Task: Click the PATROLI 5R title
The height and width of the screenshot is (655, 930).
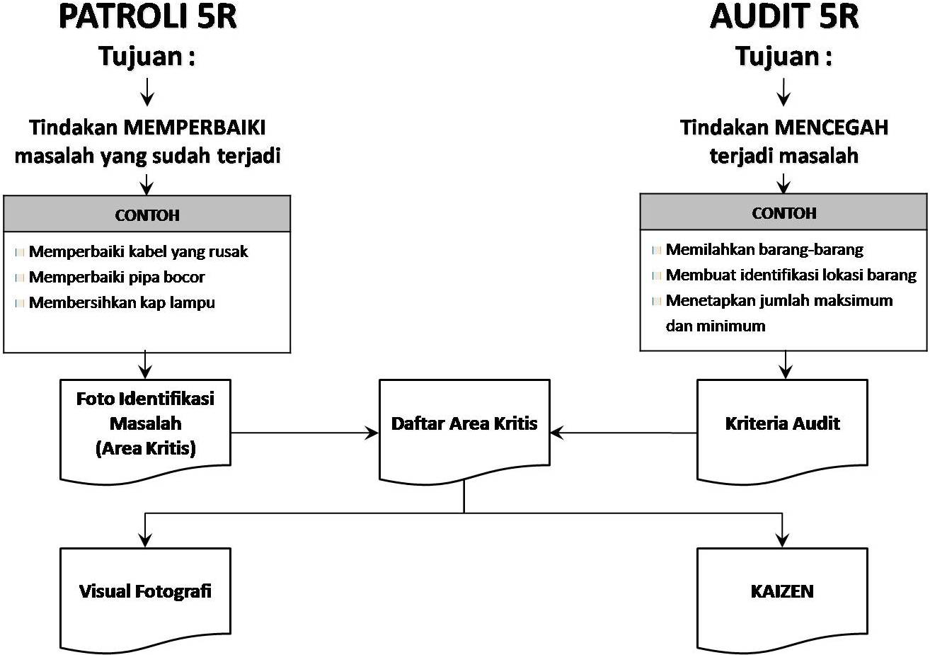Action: click(147, 17)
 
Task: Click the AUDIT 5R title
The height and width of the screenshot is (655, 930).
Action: click(783, 17)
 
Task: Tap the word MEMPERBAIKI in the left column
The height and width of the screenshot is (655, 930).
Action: click(195, 128)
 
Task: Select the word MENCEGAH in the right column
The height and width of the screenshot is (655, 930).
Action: click(832, 128)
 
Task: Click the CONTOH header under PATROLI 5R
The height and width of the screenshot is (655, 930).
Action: click(147, 215)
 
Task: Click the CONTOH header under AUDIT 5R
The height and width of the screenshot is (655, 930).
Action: click(783, 213)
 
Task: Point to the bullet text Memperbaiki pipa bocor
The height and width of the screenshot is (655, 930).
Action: click(117, 278)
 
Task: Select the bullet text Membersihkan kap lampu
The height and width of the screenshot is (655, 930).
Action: click(122, 303)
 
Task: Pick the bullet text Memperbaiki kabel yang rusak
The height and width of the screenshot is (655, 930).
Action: click(138, 252)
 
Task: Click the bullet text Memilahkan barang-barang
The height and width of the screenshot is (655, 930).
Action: click(764, 250)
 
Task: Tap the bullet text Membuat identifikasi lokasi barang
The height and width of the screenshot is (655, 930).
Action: click(791, 275)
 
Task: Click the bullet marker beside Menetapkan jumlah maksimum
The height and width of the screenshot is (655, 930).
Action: click(656, 301)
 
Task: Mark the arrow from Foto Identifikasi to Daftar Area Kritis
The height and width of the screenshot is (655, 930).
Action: click(304, 433)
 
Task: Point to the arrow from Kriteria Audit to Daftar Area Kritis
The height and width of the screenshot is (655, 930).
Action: click(623, 433)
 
